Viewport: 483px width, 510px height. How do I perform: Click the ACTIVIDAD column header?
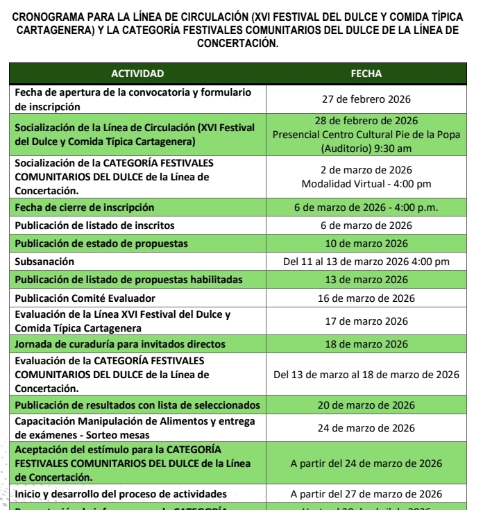(137, 74)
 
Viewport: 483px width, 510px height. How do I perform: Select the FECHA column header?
(366, 74)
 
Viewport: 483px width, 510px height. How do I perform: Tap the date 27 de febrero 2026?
(366, 99)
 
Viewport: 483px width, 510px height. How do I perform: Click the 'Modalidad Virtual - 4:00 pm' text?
(366, 184)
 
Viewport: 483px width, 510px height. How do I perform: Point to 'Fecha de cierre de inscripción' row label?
(85, 207)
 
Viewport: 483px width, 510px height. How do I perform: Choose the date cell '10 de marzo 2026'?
(366, 244)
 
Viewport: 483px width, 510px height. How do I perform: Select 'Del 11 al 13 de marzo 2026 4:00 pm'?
(366, 262)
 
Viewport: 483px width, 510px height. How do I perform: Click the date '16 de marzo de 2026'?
(366, 298)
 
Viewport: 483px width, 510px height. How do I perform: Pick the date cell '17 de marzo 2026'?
(366, 321)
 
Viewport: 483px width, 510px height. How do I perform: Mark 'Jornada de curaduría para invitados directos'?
(120, 344)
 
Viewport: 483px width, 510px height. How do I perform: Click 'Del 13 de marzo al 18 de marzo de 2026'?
(366, 375)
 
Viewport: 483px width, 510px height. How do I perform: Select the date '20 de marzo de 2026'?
(366, 405)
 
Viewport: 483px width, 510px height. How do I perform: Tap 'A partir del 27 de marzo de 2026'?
(366, 494)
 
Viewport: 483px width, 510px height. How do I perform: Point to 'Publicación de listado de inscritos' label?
(94, 226)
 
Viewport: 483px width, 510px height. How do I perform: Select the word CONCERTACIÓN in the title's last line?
(237, 43)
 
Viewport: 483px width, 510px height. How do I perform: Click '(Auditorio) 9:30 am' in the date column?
(366, 148)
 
